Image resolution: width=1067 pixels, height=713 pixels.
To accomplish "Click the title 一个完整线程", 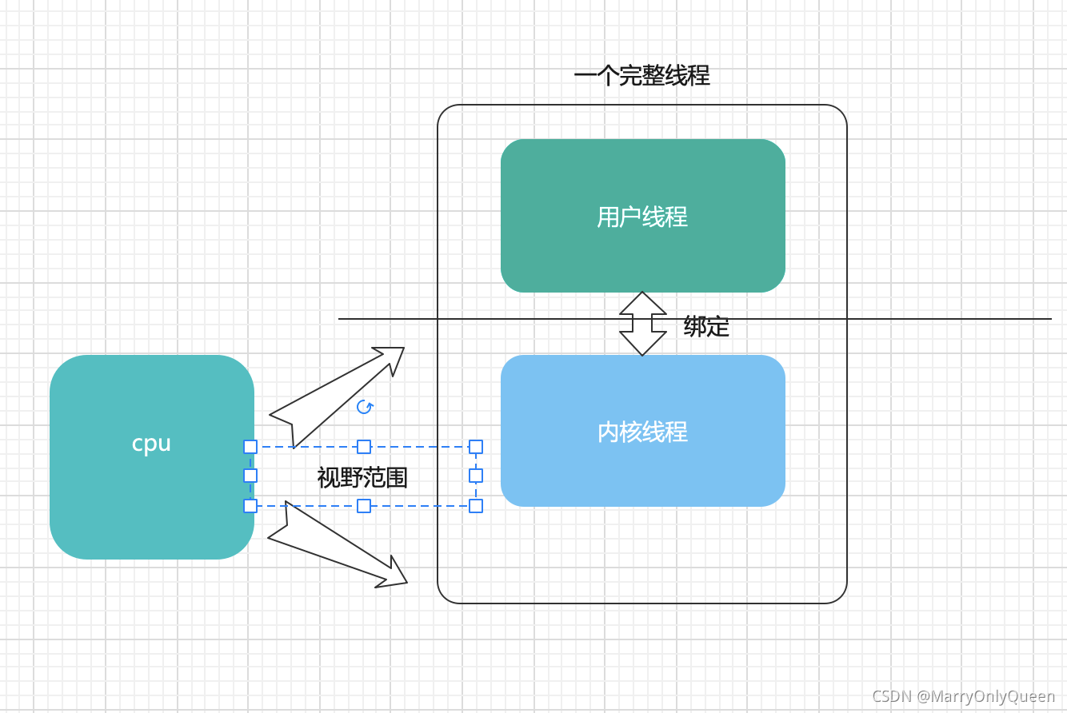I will tap(641, 76).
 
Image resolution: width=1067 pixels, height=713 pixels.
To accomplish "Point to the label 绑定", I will tap(706, 326).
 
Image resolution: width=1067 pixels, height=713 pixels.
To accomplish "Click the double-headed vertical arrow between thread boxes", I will tap(643, 324).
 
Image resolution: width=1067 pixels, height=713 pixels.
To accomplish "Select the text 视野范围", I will tap(362, 478).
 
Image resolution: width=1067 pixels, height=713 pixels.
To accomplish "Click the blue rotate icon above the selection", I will tap(365, 407).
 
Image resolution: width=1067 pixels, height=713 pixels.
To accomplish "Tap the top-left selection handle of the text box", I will tap(250, 447).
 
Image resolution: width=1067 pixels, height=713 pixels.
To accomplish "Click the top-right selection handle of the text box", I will tap(476, 447).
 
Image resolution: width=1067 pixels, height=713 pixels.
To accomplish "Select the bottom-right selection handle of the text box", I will tap(476, 506).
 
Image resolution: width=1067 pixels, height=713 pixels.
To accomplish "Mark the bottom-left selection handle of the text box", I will tap(250, 506).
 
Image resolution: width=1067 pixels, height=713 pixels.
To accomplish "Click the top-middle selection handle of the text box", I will tap(364, 447).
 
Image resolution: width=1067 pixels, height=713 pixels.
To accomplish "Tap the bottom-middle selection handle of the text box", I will tap(364, 506).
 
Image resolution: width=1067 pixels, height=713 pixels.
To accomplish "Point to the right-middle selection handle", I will tap(476, 476).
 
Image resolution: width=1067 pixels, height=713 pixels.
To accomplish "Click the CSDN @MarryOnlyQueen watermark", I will tap(963, 696).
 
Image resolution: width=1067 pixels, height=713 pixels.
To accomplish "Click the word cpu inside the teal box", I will tap(151, 444).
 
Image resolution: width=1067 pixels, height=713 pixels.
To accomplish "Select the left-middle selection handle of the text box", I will tap(250, 476).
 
